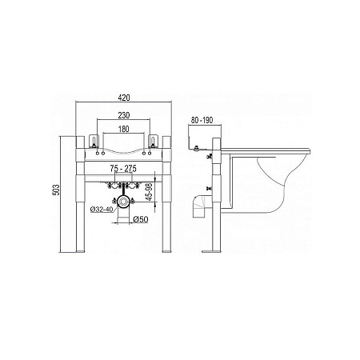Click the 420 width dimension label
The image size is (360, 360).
tap(124, 98)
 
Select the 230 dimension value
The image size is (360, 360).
tap(124, 115)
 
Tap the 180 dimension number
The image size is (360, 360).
tap(123, 129)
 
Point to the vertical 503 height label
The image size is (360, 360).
tap(57, 190)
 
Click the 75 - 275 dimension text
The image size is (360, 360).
tap(123, 169)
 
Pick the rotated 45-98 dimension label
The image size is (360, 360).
tap(150, 191)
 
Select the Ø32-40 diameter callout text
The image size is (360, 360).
tap(102, 210)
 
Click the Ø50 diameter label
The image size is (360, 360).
tap(140, 219)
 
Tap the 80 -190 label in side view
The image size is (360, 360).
tap(202, 120)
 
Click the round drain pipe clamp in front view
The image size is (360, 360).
tap(123, 202)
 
